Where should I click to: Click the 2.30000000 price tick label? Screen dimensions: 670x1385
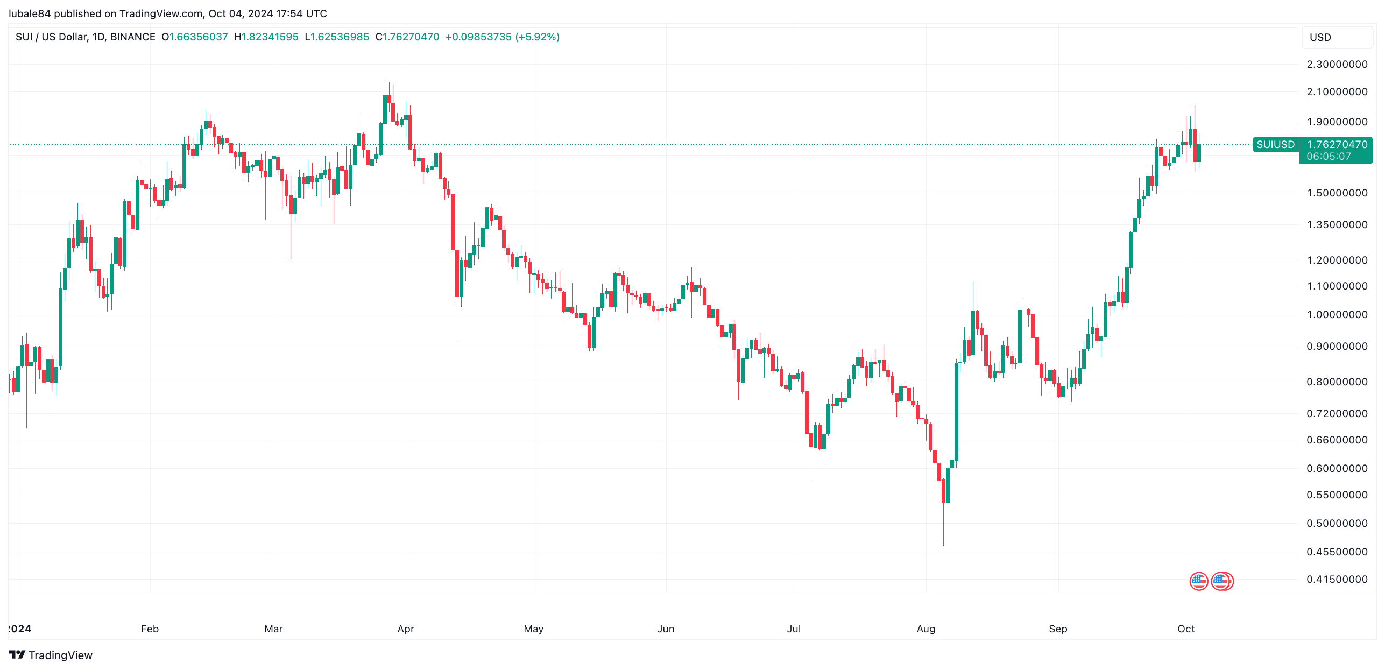pyautogui.click(x=1337, y=64)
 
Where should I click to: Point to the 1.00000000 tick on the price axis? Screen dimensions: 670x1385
pyautogui.click(x=1337, y=314)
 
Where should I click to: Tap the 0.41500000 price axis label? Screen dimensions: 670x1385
pyautogui.click(x=1337, y=579)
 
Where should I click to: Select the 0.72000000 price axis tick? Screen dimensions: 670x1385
pyautogui.click(x=1337, y=413)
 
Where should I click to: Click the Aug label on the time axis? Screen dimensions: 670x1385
pyautogui.click(x=925, y=629)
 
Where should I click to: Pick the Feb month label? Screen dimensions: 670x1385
pyautogui.click(x=150, y=629)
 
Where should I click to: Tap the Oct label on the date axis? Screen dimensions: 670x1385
pyautogui.click(x=1185, y=629)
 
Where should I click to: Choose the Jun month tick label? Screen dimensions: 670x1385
pyautogui.click(x=666, y=629)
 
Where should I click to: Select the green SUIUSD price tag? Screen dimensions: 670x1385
pyautogui.click(x=1275, y=144)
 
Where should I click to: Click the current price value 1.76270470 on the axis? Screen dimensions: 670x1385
pyautogui.click(x=1337, y=144)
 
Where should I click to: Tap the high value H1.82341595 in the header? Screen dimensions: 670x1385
pyautogui.click(x=266, y=37)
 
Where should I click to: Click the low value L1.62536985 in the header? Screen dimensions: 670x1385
pyautogui.click(x=337, y=37)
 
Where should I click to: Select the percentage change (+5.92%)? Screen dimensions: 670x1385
pyautogui.click(x=537, y=37)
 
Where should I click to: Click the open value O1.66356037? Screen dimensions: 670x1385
pyautogui.click(x=195, y=37)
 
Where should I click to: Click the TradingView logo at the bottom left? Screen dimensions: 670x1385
pyautogui.click(x=51, y=655)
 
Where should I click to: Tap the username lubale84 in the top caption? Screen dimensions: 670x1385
pyautogui.click(x=30, y=13)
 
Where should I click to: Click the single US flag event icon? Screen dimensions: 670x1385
pyautogui.click(x=1198, y=581)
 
